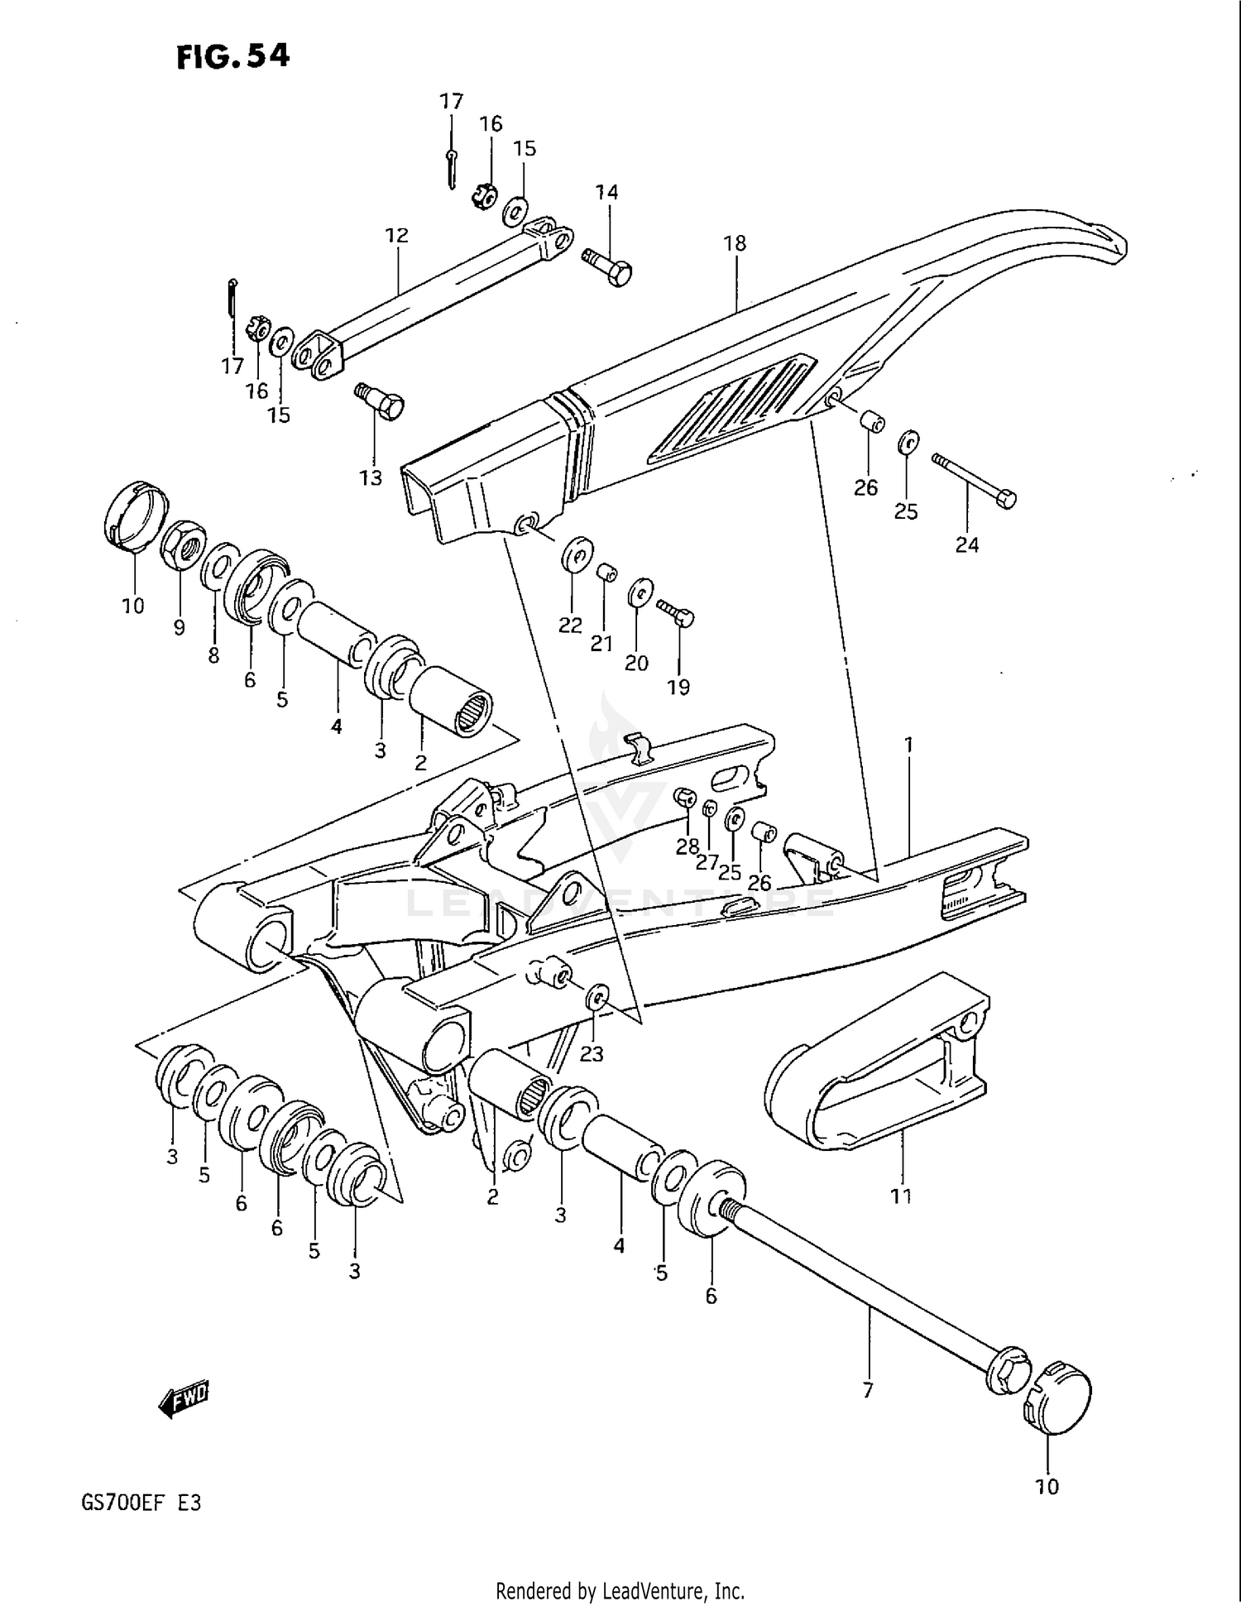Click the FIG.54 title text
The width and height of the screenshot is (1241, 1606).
(x=232, y=56)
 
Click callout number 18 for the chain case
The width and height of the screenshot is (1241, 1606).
(x=734, y=243)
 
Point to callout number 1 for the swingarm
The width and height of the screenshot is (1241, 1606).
(x=908, y=745)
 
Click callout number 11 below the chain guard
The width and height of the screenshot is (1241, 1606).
(x=901, y=1196)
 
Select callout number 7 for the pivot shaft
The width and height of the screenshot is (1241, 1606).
(x=867, y=1391)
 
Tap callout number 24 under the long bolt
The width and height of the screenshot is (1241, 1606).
(x=966, y=544)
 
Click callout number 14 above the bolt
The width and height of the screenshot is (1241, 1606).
(x=606, y=192)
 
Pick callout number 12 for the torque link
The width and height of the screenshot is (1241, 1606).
(x=396, y=235)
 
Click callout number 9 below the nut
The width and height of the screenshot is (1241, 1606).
(x=180, y=627)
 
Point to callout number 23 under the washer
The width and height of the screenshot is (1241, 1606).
(x=591, y=1053)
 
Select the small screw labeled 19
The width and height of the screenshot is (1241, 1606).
(x=677, y=614)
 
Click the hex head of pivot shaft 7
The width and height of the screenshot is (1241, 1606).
(x=1007, y=1371)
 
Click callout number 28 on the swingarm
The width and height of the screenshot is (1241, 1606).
(x=687, y=848)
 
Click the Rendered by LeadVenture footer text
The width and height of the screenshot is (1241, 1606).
(x=620, y=1590)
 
